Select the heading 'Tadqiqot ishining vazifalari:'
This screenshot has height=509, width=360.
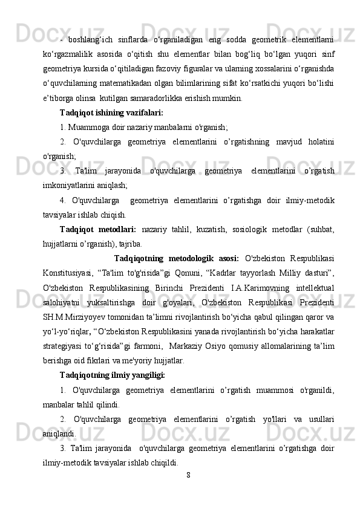click(x=111, y=112)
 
